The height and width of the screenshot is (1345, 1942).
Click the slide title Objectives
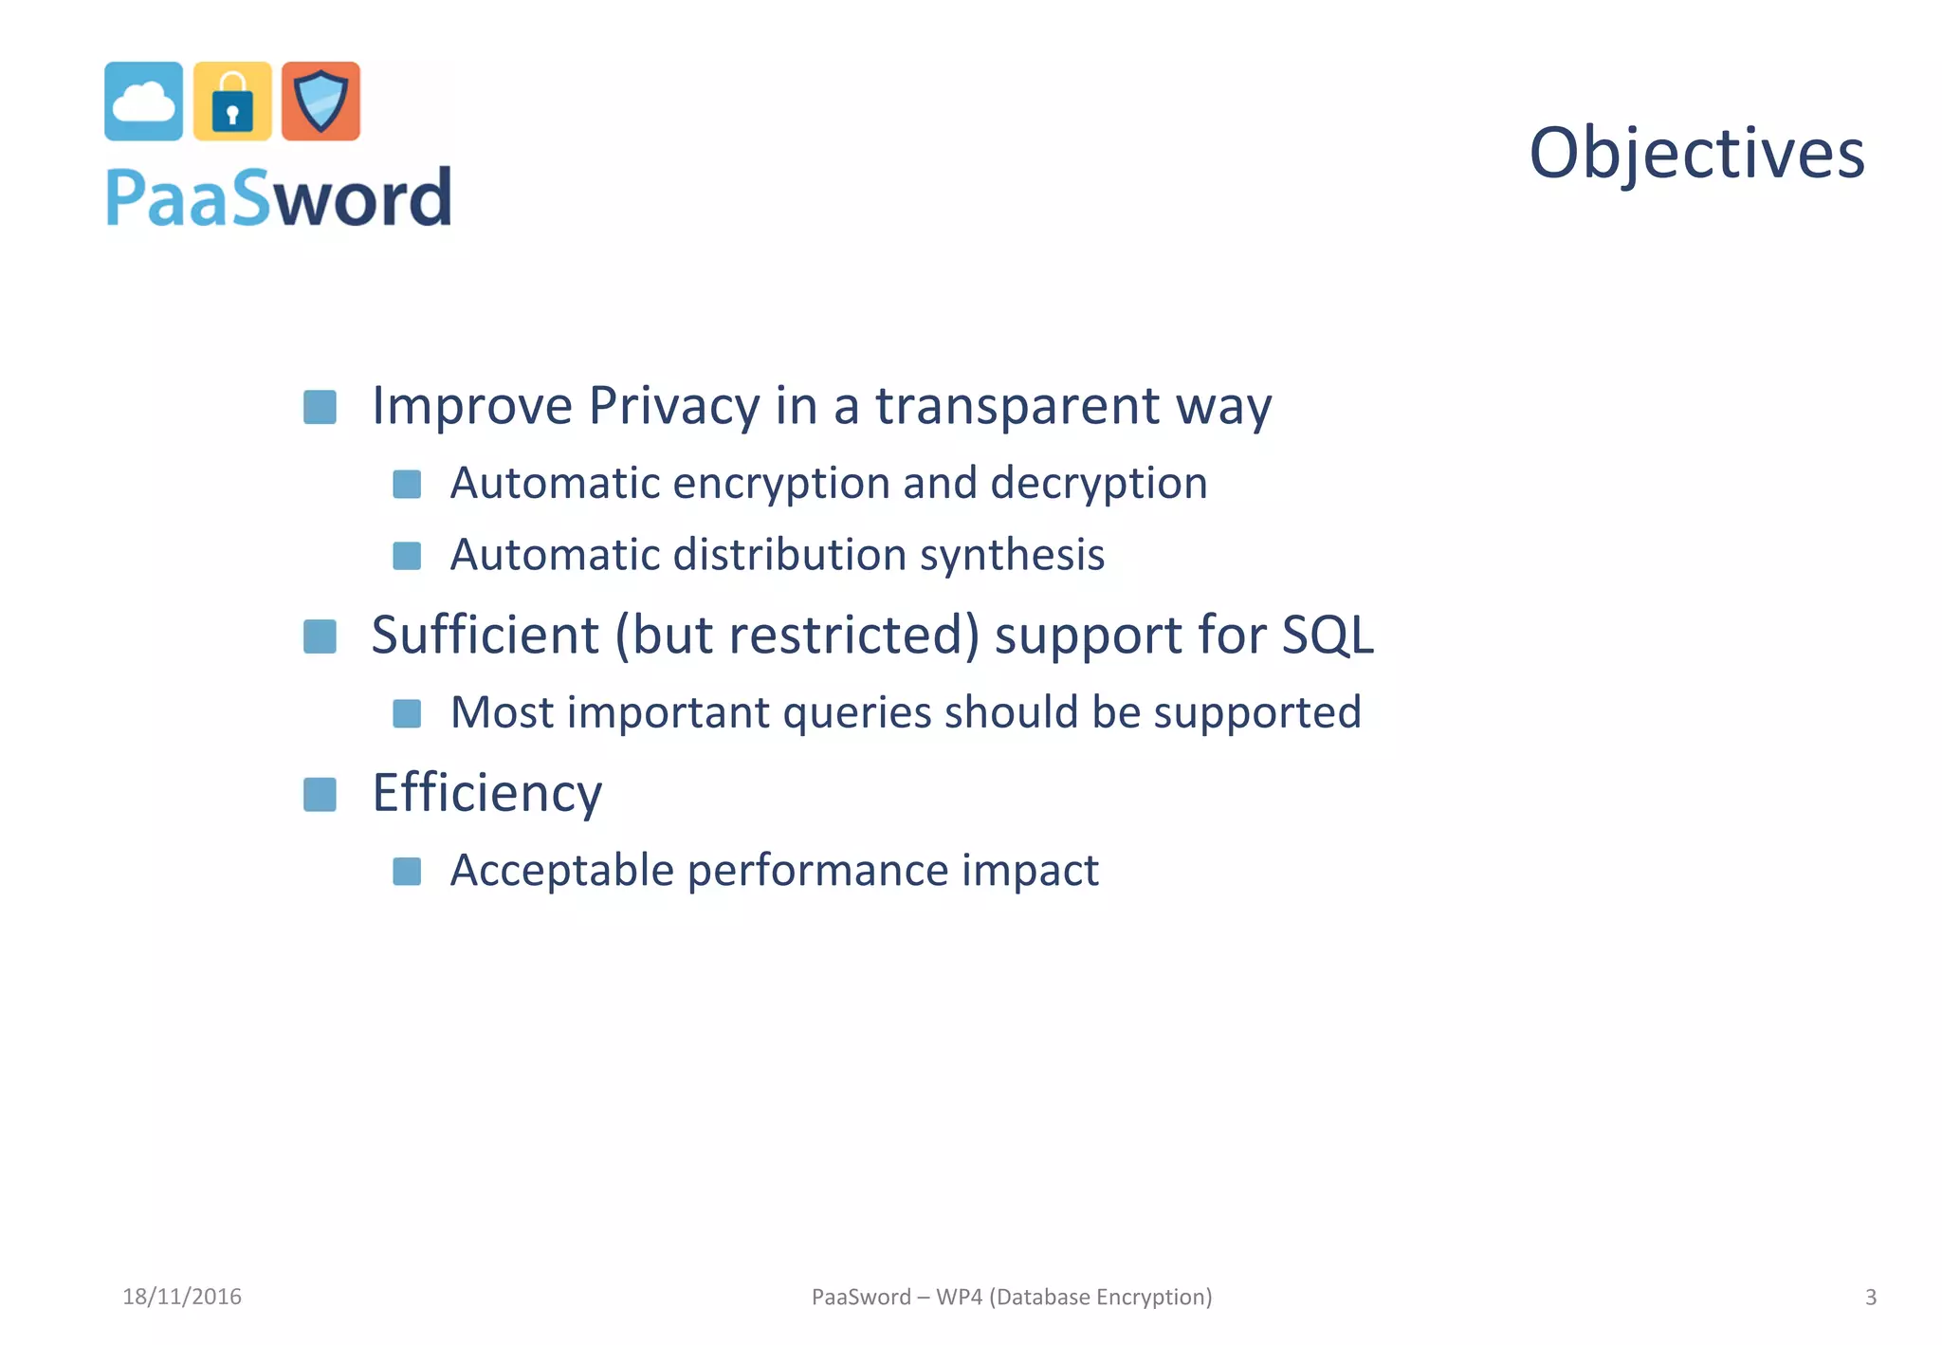pyautogui.click(x=1696, y=153)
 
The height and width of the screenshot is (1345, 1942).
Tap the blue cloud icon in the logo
pyautogui.click(x=143, y=101)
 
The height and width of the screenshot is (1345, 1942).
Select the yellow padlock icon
pyautogui.click(x=232, y=101)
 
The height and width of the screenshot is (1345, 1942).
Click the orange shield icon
pyautogui.click(x=321, y=101)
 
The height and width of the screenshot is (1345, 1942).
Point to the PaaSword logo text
pyautogui.click(x=279, y=197)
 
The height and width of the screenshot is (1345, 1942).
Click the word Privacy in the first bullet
pyautogui.click(x=673, y=406)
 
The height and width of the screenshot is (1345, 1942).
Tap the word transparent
pyautogui.click(x=1017, y=406)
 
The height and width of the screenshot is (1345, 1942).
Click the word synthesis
pyautogui.click(x=1012, y=555)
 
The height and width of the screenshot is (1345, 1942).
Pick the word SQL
pyautogui.click(x=1327, y=635)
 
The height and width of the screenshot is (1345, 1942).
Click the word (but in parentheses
pyautogui.click(x=664, y=635)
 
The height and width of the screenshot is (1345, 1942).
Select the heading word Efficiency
pyautogui.click(x=486, y=793)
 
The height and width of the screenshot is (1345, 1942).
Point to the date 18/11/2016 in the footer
pyautogui.click(x=182, y=1297)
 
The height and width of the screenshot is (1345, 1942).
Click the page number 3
pyautogui.click(x=1870, y=1297)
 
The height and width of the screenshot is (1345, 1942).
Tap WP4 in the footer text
pyautogui.click(x=959, y=1297)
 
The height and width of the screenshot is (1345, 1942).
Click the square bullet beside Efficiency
pyautogui.click(x=320, y=795)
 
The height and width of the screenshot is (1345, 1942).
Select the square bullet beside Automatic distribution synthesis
pyautogui.click(x=407, y=556)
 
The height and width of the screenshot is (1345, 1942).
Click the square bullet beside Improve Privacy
pyautogui.click(x=320, y=408)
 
